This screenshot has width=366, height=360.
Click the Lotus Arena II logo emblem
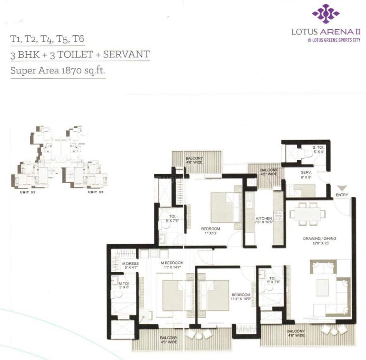click(325, 14)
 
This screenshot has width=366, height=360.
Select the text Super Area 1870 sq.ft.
click(58, 70)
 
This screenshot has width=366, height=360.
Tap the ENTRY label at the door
click(342, 195)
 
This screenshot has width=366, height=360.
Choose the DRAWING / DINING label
click(320, 239)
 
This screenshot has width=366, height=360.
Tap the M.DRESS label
click(130, 263)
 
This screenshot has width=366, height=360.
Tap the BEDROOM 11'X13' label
click(210, 231)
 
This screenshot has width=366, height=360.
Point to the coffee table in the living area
click(322, 288)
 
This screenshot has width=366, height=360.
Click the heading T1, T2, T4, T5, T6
click(47, 40)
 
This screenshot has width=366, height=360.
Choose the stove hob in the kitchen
click(278, 215)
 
